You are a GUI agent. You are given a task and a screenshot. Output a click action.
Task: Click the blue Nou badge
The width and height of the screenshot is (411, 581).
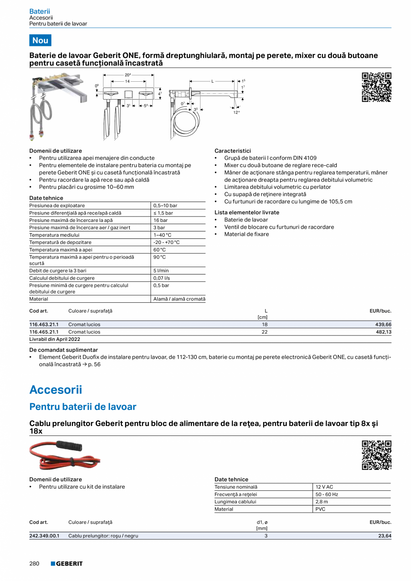[x=40, y=40]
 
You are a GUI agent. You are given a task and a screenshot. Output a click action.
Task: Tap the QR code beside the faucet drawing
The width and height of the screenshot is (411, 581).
[x=376, y=87]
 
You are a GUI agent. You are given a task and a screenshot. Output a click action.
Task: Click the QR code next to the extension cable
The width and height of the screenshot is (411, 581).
[x=376, y=455]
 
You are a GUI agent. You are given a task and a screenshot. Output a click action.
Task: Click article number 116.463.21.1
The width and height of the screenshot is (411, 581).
[x=44, y=325]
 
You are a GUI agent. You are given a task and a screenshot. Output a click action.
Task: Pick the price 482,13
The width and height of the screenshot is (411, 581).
[x=382, y=332]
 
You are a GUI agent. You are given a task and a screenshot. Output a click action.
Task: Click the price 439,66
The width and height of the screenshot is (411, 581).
[x=382, y=325]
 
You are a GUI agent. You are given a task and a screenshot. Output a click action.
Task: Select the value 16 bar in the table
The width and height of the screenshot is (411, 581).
[x=160, y=220]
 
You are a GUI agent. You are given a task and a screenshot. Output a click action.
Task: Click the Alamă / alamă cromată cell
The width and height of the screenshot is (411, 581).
[x=179, y=299]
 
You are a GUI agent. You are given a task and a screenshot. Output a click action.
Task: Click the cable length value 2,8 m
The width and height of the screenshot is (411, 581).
[x=322, y=502]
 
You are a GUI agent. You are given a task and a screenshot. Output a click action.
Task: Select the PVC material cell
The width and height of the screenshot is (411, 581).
[x=320, y=509]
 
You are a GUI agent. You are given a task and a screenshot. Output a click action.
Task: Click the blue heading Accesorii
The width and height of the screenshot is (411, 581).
[x=56, y=389]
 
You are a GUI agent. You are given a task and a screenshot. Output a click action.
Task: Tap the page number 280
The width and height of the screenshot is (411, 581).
[x=35, y=564]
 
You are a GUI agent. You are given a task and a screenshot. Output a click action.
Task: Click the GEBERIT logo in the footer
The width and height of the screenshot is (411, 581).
[x=67, y=564]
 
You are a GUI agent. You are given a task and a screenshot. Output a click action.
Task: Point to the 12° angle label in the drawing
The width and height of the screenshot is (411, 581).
[x=236, y=112]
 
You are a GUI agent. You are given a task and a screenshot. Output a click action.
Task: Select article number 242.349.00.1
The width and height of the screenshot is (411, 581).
[x=44, y=536]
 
